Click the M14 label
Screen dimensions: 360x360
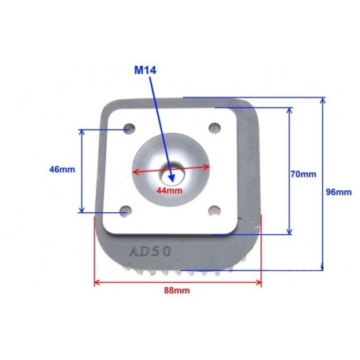click(x=145, y=70)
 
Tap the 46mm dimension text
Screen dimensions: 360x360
click(x=62, y=170)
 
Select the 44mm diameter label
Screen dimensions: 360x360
click(x=169, y=190)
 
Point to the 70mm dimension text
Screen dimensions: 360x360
click(x=303, y=174)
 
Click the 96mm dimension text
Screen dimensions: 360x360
click(x=339, y=192)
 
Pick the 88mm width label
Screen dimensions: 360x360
click(x=177, y=290)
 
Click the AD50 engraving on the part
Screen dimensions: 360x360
click(x=150, y=252)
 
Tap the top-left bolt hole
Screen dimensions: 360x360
click(x=129, y=128)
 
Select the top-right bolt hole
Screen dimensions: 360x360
click(x=215, y=128)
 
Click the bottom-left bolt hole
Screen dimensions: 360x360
click(x=126, y=211)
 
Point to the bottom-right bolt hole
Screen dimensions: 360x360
click(x=215, y=210)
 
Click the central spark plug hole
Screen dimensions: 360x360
click(x=171, y=173)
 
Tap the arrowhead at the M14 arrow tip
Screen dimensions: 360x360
click(x=171, y=178)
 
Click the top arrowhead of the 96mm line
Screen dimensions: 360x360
click(x=323, y=101)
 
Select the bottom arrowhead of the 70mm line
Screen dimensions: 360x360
click(x=289, y=231)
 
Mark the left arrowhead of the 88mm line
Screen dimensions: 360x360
click(x=97, y=282)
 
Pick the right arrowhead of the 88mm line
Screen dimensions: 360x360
click(x=259, y=282)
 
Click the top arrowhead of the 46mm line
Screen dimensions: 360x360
click(x=82, y=133)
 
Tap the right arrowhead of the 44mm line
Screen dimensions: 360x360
click(x=207, y=167)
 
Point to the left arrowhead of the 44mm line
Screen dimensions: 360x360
click(x=135, y=172)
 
